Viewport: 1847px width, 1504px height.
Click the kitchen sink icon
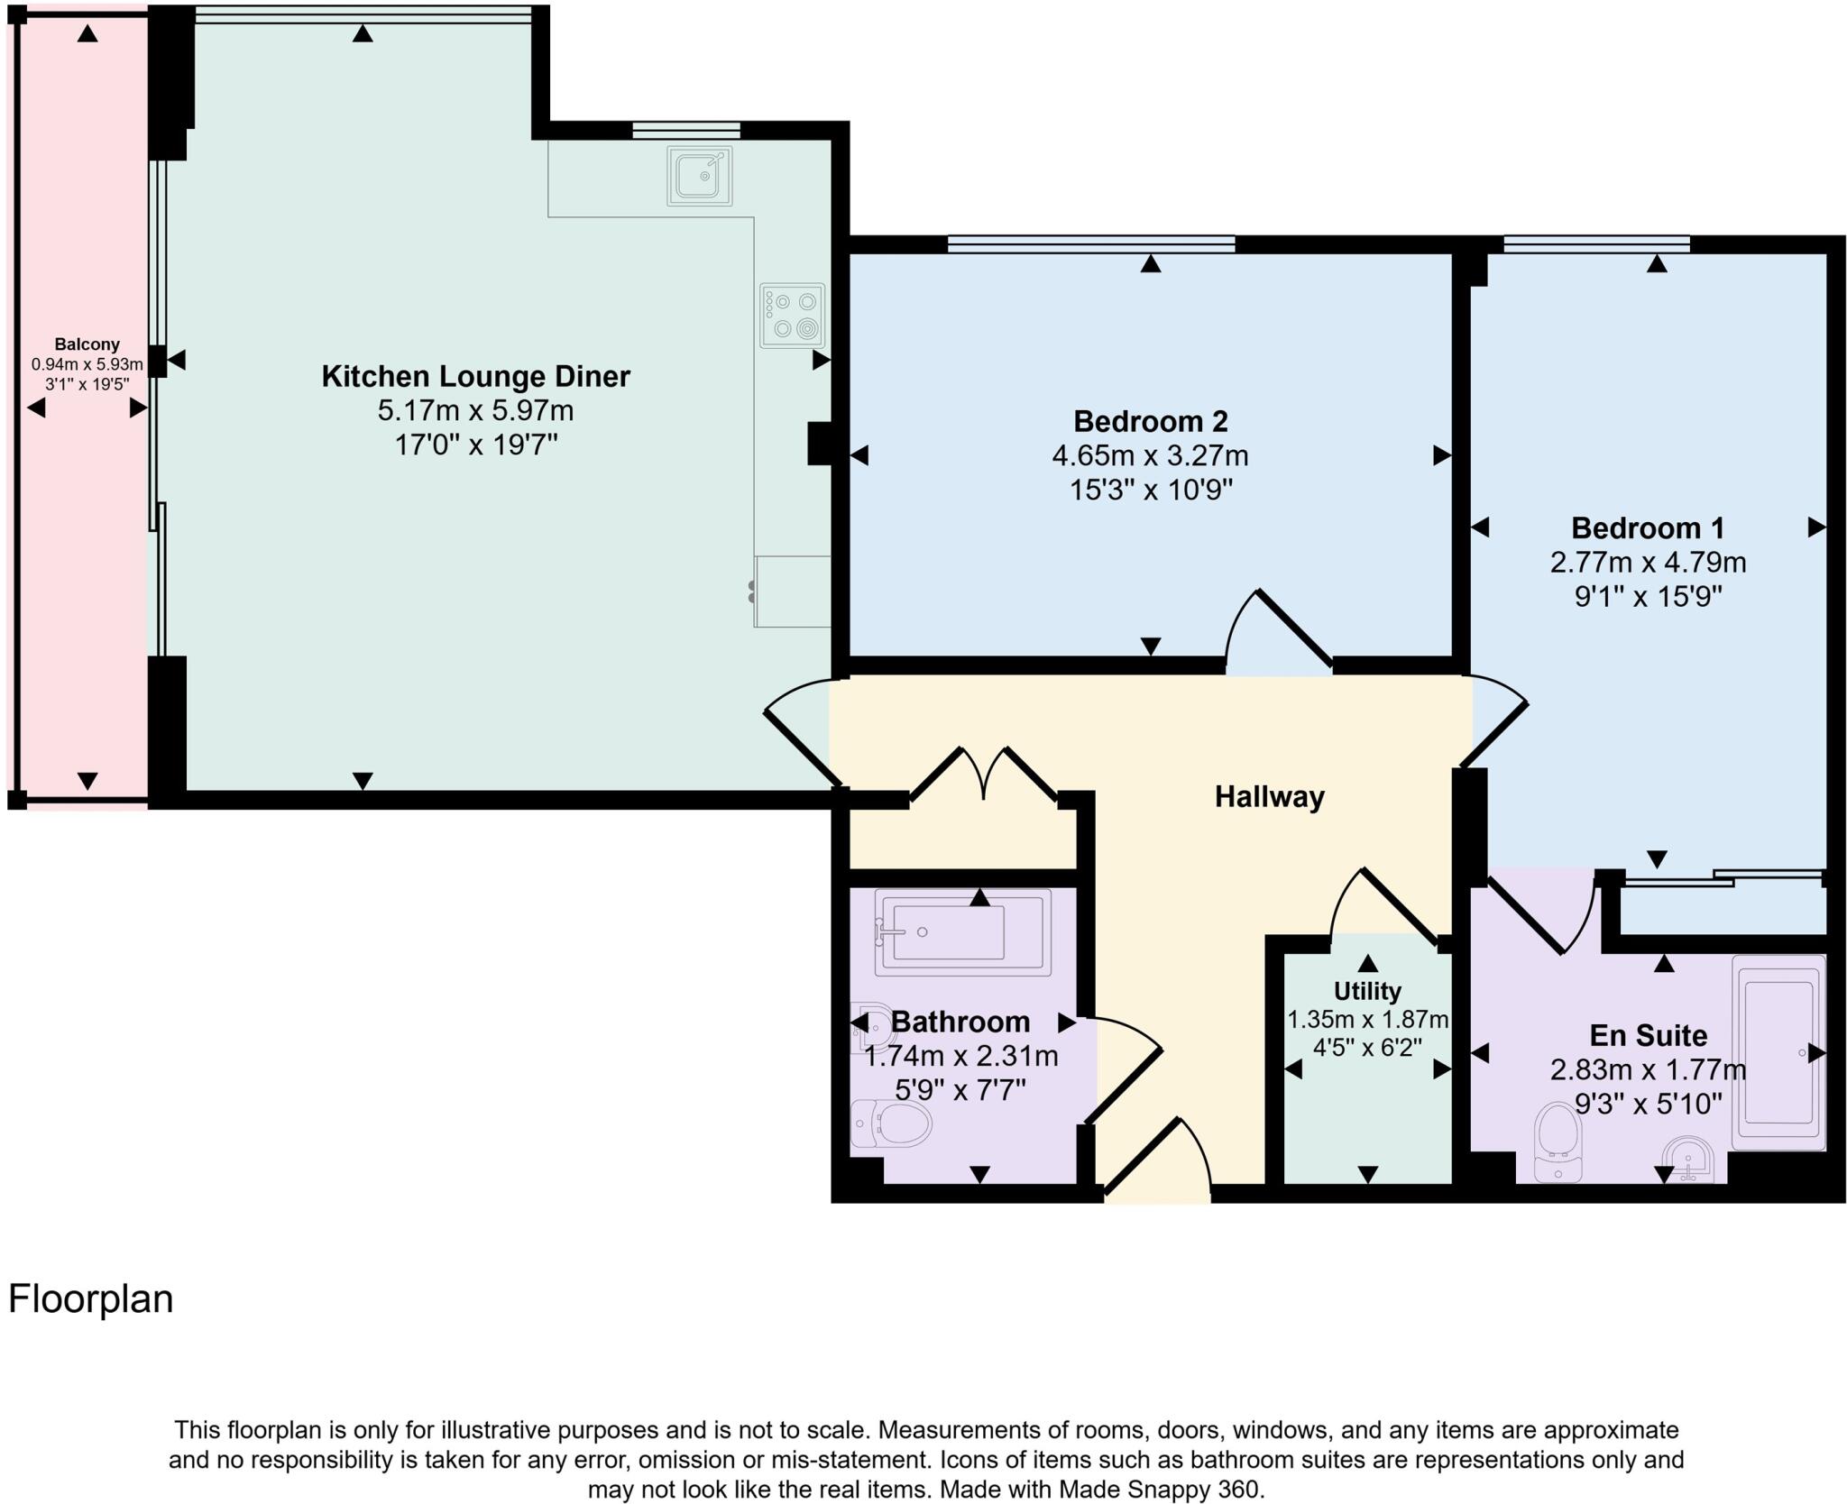pyautogui.click(x=700, y=176)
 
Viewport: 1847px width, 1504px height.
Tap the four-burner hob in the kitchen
pyautogui.click(x=792, y=316)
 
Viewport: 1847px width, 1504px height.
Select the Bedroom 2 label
pyautogui.click(x=1150, y=421)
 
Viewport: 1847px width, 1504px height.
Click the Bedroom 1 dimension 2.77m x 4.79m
pyautogui.click(x=1648, y=563)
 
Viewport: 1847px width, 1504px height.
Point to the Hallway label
pyautogui.click(x=1269, y=797)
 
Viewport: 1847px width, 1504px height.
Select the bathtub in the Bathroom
pyautogui.click(x=962, y=932)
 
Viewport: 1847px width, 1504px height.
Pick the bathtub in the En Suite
pyautogui.click(x=1778, y=1052)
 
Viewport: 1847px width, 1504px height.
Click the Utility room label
pyautogui.click(x=1367, y=991)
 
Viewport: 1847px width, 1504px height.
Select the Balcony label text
pyautogui.click(x=87, y=344)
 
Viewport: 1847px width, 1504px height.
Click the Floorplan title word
pyautogui.click(x=90, y=1299)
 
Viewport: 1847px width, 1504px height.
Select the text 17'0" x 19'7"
pyautogui.click(x=476, y=445)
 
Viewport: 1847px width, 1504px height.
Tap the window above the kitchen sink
pyautogui.click(x=685, y=131)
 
